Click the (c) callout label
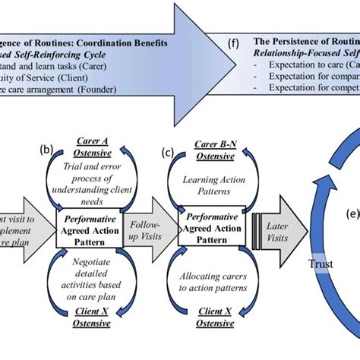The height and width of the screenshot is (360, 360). tap(168, 151)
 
